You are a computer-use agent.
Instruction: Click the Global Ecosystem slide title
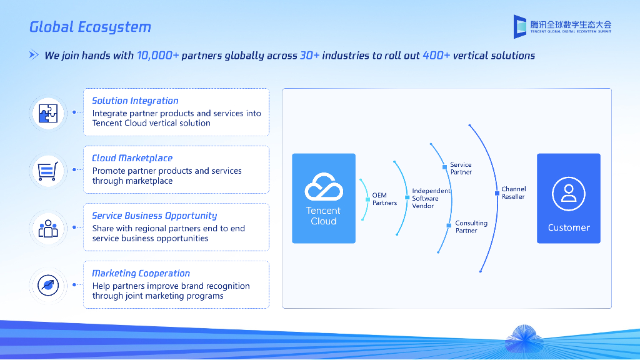91,27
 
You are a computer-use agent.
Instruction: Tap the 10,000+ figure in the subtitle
157,56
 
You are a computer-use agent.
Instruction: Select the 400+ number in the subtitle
436,56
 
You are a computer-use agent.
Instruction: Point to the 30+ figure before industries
309,56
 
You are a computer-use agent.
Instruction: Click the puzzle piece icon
48,112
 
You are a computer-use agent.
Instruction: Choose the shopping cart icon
48,170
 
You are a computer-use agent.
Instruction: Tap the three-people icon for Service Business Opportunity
48,228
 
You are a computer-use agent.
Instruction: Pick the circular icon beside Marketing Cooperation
48,285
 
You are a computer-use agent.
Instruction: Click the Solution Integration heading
135,101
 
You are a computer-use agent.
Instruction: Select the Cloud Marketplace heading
132,158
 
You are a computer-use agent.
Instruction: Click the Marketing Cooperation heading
141,273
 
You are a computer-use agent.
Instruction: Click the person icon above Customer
569,193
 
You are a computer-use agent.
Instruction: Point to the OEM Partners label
384,199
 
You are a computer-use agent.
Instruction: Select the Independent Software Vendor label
431,198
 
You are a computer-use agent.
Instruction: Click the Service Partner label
461,168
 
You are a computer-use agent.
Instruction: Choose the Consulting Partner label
471,227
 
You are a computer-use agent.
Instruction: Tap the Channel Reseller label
514,192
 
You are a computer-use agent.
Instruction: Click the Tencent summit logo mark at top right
520,26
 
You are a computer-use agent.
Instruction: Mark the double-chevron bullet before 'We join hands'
34,56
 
